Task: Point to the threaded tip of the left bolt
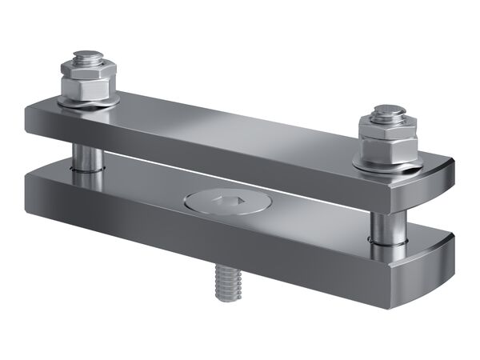[86, 55]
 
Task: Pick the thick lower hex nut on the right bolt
[387, 147]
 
